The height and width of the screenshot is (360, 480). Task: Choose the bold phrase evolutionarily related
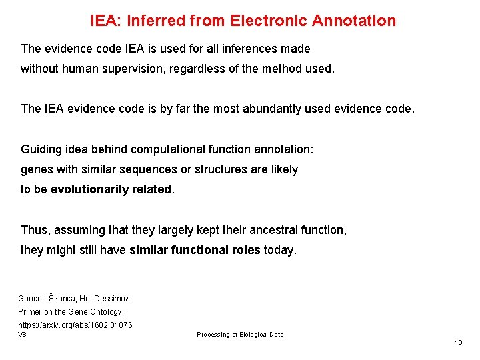pyautogui.click(x=111, y=189)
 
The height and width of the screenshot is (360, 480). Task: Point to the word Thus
pyautogui.click(x=35, y=230)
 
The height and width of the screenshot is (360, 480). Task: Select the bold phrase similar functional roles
pyautogui.click(x=195, y=250)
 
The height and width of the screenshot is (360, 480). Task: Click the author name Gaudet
pyautogui.click(x=31, y=299)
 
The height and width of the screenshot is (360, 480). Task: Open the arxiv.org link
pyautogui.click(x=75, y=325)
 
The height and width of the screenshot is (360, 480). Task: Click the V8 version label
pyautogui.click(x=22, y=334)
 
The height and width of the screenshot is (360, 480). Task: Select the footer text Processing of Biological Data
pyautogui.click(x=240, y=335)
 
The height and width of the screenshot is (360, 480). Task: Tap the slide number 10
pyautogui.click(x=458, y=342)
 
